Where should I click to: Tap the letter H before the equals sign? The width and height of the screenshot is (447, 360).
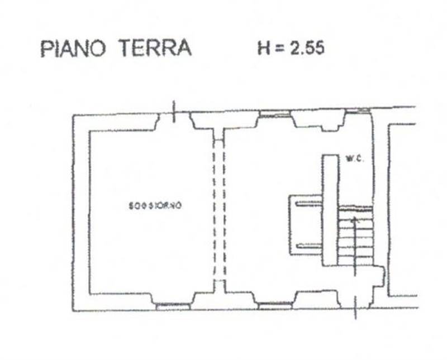[264, 49]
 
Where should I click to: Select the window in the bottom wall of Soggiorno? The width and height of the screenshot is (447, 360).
[173, 305]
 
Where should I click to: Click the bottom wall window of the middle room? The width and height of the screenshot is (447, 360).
[274, 305]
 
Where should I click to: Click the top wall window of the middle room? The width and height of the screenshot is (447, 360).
[274, 116]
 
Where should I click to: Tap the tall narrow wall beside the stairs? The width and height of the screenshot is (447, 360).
[330, 209]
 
